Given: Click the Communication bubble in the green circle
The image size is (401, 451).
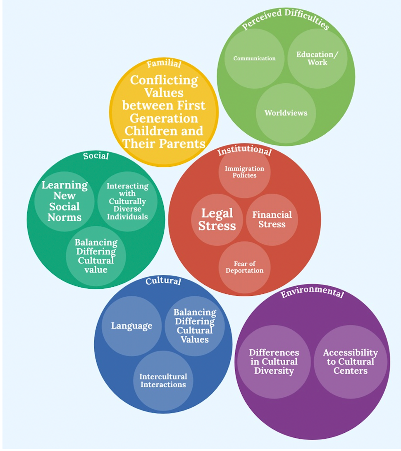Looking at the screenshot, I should [x=254, y=58].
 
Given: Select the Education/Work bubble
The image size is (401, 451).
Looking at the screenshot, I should [x=317, y=58].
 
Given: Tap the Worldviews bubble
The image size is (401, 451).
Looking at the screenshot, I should [x=286, y=113].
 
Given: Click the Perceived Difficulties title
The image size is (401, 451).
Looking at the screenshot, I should [x=285, y=19].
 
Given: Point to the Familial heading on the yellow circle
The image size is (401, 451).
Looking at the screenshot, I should [x=164, y=64].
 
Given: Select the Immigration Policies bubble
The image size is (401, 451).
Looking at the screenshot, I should [x=244, y=172].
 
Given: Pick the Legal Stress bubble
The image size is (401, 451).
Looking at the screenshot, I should [x=217, y=219].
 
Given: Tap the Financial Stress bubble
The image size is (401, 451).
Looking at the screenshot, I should [x=272, y=219].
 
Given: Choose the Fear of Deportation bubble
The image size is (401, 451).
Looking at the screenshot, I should [x=244, y=267].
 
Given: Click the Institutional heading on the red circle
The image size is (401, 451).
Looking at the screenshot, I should [x=244, y=151].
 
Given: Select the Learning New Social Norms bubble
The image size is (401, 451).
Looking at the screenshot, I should [x=64, y=201].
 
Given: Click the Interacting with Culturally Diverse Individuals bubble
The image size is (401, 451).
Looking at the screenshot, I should [x=127, y=201].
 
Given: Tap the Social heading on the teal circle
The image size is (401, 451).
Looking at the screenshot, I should [x=95, y=156].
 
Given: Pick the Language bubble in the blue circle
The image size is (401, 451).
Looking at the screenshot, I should [x=131, y=326].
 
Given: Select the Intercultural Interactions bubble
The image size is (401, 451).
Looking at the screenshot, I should [x=163, y=380].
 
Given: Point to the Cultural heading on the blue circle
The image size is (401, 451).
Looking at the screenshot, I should [x=163, y=281].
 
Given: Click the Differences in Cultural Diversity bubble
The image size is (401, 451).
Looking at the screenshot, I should [x=274, y=362].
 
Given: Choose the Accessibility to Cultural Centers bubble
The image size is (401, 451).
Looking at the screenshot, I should [x=350, y=362].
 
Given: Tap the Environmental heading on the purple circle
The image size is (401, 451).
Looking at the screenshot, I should [x=312, y=293].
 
